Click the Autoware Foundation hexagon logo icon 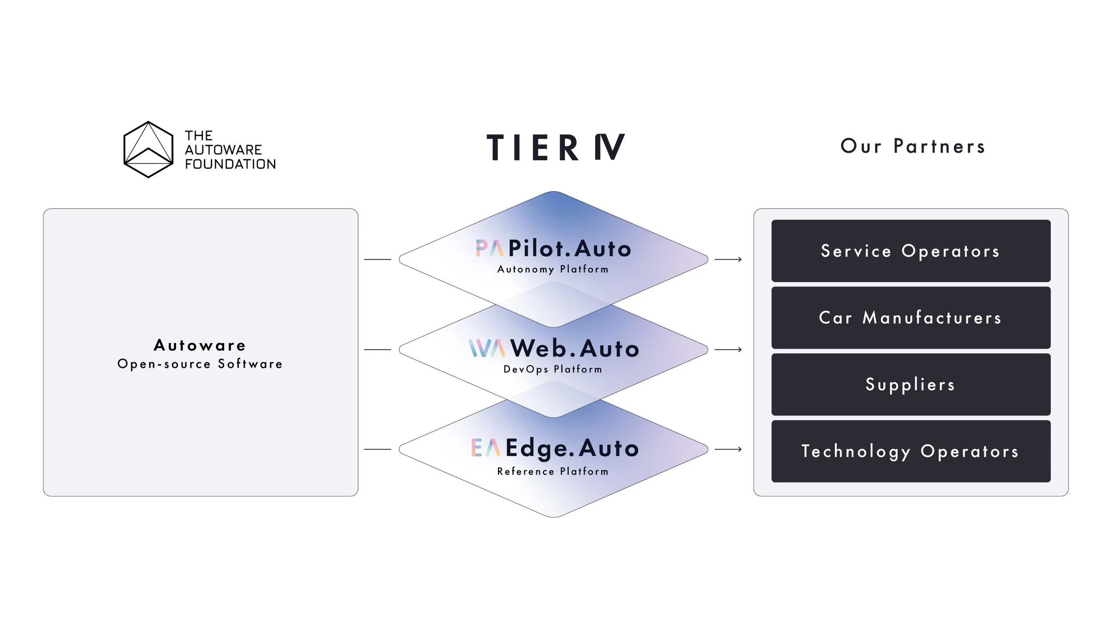[x=148, y=149]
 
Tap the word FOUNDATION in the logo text [x=230, y=164]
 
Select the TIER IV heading [x=556, y=147]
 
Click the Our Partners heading [x=913, y=146]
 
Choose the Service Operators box [x=911, y=251]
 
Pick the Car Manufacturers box [x=911, y=318]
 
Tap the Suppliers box [x=911, y=384]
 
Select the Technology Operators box [x=911, y=451]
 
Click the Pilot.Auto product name [x=570, y=249]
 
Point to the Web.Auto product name [x=575, y=348]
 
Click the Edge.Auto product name [x=572, y=448]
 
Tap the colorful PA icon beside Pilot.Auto [x=489, y=248]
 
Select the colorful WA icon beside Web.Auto [x=487, y=348]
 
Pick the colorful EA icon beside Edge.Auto [x=486, y=448]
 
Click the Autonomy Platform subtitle [x=553, y=269]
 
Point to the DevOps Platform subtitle [x=553, y=369]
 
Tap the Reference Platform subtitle [x=553, y=472]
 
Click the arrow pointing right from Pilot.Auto [x=728, y=259]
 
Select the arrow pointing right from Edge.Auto [x=728, y=449]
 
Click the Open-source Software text [x=200, y=364]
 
